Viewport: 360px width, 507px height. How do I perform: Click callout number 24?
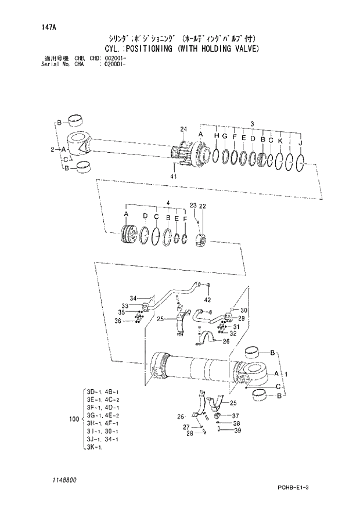click(183, 129)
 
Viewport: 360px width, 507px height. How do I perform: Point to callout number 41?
click(173, 176)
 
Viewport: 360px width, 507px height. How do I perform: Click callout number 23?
click(193, 206)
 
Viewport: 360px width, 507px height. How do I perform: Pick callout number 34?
click(132, 298)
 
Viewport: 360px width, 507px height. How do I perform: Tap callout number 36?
click(118, 321)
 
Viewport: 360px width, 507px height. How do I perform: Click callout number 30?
click(244, 310)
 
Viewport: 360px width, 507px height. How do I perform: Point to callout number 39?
click(237, 430)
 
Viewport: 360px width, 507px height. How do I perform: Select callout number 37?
click(236, 416)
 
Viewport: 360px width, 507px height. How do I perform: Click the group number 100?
click(74, 418)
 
